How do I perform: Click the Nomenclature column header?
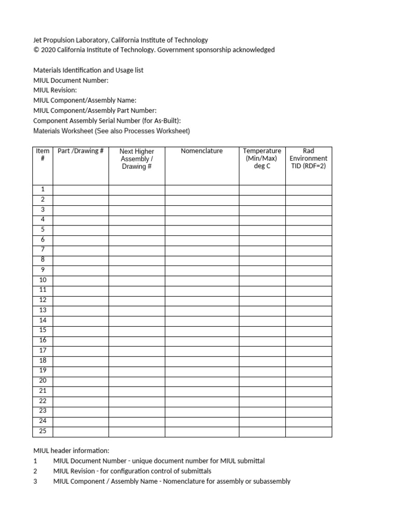tap(202, 151)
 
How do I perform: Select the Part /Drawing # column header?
tap(81, 151)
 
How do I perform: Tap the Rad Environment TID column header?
tap(308, 158)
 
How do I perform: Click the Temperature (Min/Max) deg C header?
tap(262, 158)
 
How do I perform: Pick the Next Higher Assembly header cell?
tap(137, 159)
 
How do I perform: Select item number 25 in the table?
tap(43, 431)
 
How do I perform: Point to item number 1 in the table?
tap(43, 190)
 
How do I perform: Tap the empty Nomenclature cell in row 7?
tap(202, 250)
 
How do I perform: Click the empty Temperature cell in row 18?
tap(262, 361)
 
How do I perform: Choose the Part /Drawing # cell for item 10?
tap(81, 280)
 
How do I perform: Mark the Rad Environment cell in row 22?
tap(308, 401)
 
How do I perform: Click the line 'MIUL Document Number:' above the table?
tap(71, 80)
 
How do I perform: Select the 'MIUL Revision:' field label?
tap(55, 90)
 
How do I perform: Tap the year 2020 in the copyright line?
tap(48, 50)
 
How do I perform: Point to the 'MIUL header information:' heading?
tap(71, 451)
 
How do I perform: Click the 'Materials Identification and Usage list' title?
tap(88, 70)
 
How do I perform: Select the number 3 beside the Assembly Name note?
tap(35, 481)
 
